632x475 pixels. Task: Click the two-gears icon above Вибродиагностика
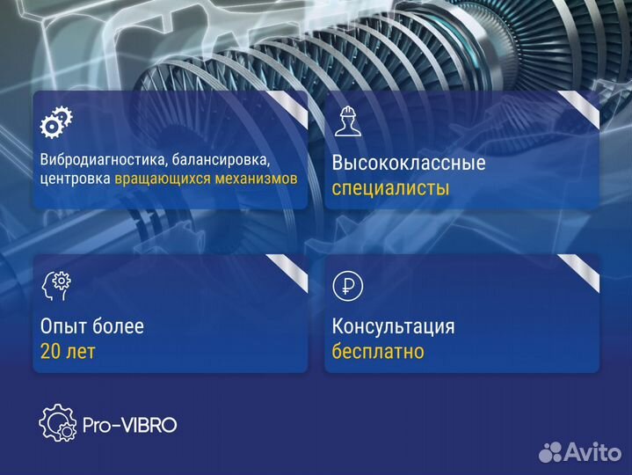point(57,121)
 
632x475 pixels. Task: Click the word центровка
point(75,179)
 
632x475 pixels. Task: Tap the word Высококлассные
point(409,164)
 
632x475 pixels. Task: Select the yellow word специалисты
point(390,188)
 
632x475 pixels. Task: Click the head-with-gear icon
point(56,285)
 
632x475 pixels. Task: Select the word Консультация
point(393,327)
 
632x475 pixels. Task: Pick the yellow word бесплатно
point(378,352)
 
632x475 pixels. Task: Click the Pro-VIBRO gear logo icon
point(58,423)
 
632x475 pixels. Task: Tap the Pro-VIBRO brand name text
point(130,425)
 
